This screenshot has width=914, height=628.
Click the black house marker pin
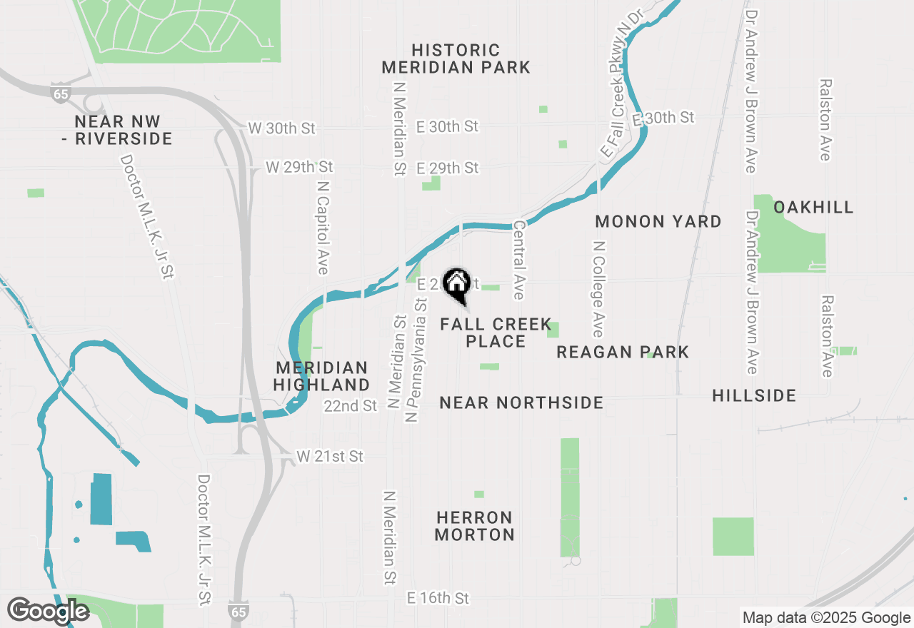pos(456,285)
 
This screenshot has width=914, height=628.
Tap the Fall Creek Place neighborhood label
pos(496,333)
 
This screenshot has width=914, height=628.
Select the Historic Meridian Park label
pos(456,59)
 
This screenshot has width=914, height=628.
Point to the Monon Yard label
pos(658,221)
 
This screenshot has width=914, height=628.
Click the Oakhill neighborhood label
pos(813,207)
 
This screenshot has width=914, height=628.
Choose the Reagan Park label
pos(623,352)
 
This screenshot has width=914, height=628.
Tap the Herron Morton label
pos(475,526)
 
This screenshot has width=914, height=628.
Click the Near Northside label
pos(521,402)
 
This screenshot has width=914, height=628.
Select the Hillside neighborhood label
pos(754,395)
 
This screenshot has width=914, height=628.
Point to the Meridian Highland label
pos(322,377)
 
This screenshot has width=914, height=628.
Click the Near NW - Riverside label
pos(117,130)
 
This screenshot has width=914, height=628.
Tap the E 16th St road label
pos(438,597)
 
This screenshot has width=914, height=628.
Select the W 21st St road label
pos(330,456)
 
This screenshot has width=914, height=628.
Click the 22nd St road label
pos(350,406)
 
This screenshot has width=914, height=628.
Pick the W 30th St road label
pos(281,128)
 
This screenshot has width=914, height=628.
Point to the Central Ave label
pos(519,260)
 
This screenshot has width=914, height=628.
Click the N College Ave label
pos(598,288)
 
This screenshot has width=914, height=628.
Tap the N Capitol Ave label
pos(323,226)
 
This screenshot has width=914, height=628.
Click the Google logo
pos(49,612)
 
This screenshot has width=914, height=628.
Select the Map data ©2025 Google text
pos(825,618)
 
